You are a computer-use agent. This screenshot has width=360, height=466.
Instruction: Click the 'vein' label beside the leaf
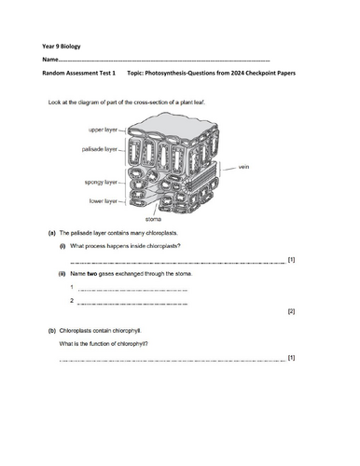[x=245, y=169]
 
